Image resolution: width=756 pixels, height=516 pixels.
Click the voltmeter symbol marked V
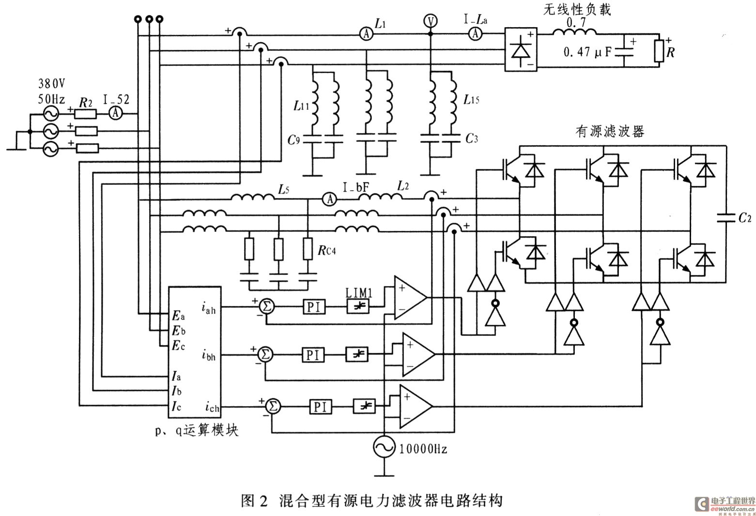coord(430,21)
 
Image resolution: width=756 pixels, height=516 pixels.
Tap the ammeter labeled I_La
coord(476,33)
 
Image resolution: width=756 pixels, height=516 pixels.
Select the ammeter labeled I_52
coord(115,113)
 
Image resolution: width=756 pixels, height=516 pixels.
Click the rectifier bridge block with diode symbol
coord(521,50)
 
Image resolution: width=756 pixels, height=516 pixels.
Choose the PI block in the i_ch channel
coord(321,407)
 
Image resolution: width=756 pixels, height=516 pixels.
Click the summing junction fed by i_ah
coord(266,306)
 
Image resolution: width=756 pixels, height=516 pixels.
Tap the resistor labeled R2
coord(86,114)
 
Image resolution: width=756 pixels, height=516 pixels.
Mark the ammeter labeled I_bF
coord(330,198)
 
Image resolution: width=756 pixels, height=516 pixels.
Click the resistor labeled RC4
coord(307,249)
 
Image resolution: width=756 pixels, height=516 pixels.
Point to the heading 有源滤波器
coord(609,132)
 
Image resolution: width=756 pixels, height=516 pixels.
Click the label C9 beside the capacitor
coord(294,140)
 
